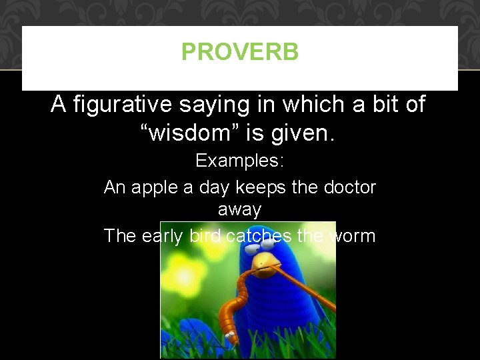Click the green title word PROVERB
[240, 52]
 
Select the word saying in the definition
[229, 105]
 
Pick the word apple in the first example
[152, 187]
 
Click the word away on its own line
[239, 209]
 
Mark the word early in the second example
[162, 235]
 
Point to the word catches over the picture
[258, 235]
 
